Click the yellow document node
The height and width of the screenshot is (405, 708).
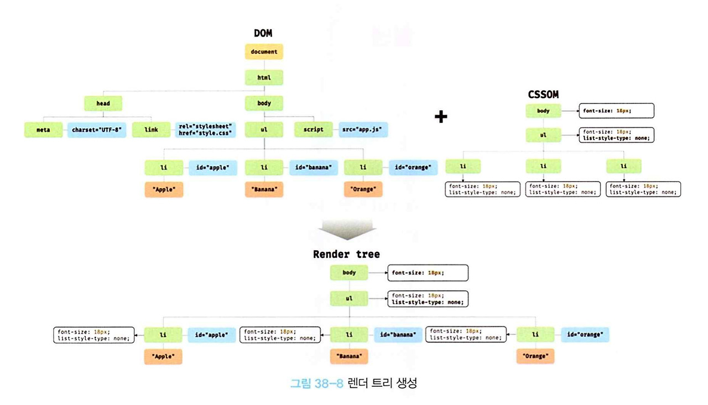pyautogui.click(x=264, y=52)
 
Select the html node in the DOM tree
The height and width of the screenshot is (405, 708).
pyautogui.click(x=264, y=77)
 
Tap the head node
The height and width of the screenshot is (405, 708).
pyautogui.click(x=103, y=103)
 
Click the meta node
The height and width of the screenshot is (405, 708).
pyautogui.click(x=43, y=130)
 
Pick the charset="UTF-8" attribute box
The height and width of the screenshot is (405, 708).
pyautogui.click(x=97, y=130)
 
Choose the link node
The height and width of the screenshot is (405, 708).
pyautogui.click(x=151, y=130)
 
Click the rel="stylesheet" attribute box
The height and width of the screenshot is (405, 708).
pyautogui.click(x=206, y=130)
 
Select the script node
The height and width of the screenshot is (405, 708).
pyautogui.click(x=313, y=130)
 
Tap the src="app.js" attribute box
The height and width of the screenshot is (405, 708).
pyautogui.click(x=363, y=130)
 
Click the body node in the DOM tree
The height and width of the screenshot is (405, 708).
pyautogui.click(x=264, y=103)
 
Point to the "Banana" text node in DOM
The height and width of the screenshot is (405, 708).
pyautogui.click(x=264, y=190)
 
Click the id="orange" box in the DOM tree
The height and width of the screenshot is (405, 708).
pyautogui.click(x=413, y=167)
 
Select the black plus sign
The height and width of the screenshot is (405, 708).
pyautogui.click(x=441, y=117)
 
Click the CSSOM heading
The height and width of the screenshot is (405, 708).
pyautogui.click(x=543, y=95)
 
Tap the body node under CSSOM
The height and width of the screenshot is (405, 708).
pyautogui.click(x=543, y=111)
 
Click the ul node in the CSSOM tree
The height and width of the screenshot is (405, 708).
pyautogui.click(x=543, y=135)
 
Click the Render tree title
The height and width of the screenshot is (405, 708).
pyautogui.click(x=346, y=255)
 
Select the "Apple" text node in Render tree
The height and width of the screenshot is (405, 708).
pyautogui.click(x=163, y=357)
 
